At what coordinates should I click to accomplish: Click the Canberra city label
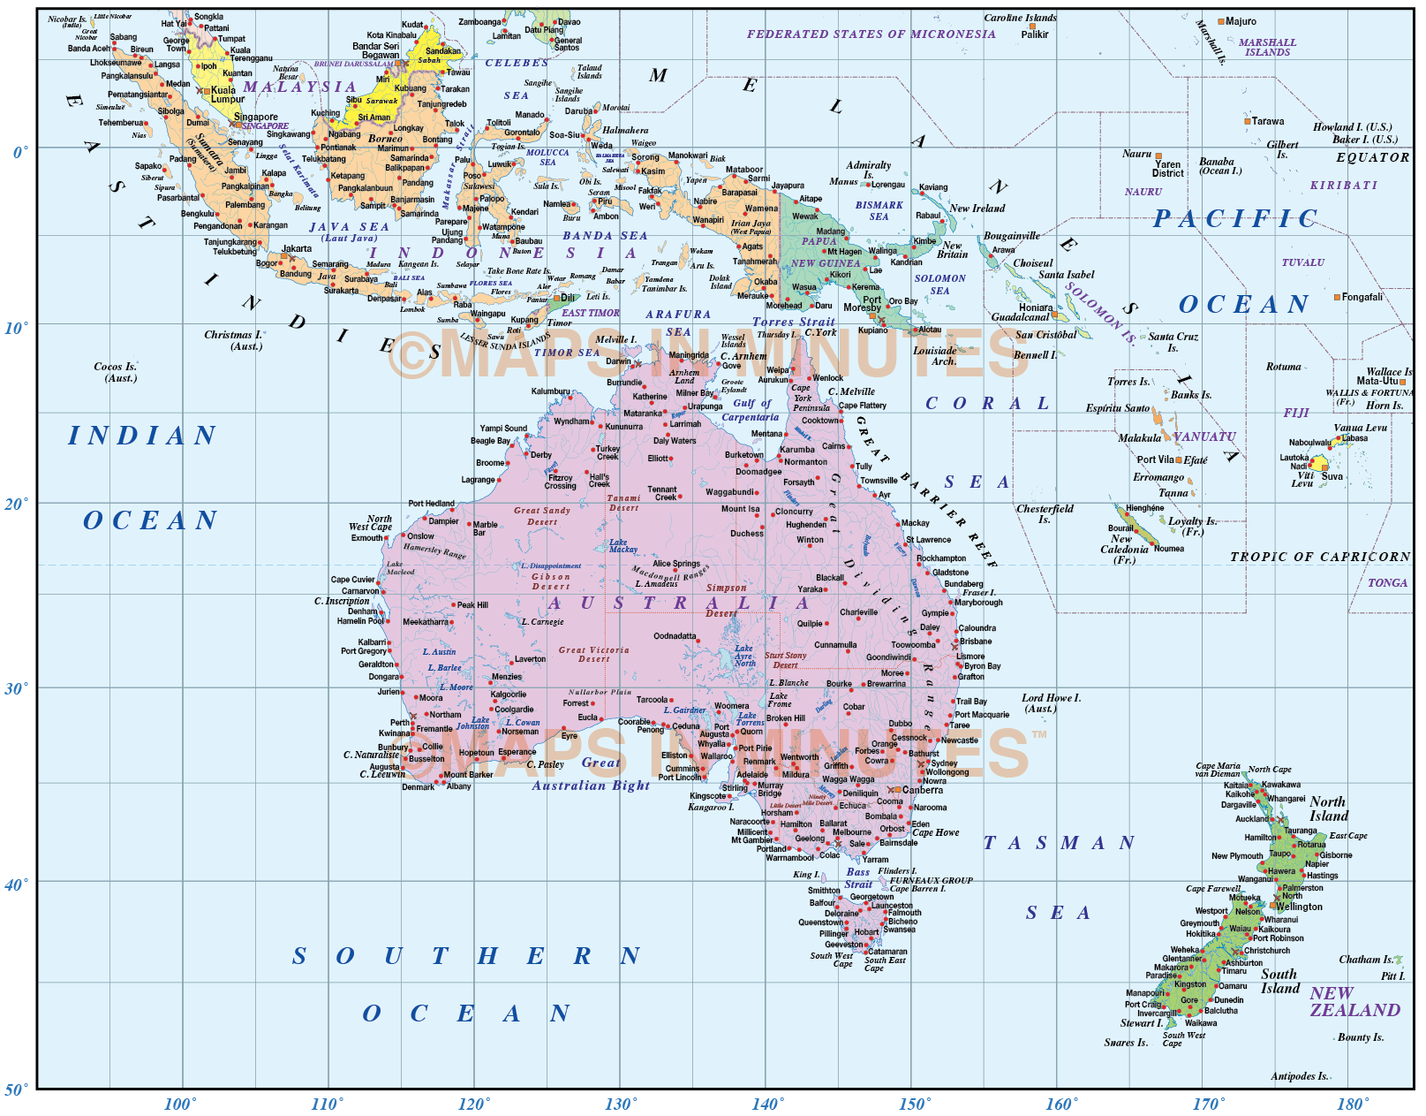pos(922,790)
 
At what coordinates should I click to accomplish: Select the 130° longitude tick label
pos(619,1104)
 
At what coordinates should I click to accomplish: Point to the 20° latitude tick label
pos(16,504)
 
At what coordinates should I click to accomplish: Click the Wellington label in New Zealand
pos(1299,907)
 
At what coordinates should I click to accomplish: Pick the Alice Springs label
pos(675,564)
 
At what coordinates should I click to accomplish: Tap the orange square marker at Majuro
pos(1221,21)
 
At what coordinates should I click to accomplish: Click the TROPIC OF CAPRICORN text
pos(1319,557)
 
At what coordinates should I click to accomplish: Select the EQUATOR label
pos(1372,157)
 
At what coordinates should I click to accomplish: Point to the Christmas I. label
pos(233,340)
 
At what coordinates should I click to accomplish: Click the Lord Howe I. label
pos(1051,702)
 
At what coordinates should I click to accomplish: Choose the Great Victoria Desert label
pos(593,654)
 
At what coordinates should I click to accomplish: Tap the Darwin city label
pos(618,361)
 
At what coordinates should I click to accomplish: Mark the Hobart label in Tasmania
pos(866,931)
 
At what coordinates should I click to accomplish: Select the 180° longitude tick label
pos(1353,1104)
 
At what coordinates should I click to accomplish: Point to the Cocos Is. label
pos(116,372)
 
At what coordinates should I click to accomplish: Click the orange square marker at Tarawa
pos(1247,121)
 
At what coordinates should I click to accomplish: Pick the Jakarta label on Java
pos(297,248)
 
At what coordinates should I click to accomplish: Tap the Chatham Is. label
pos(1365,960)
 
